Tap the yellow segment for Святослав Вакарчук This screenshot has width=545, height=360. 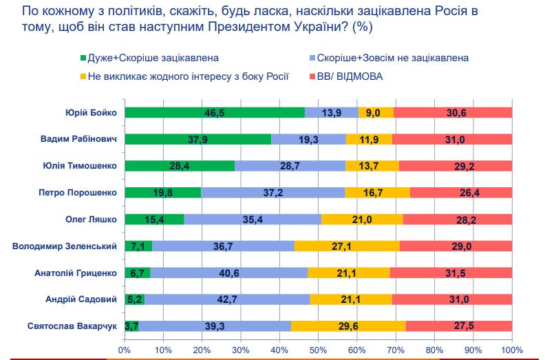pos(348,326)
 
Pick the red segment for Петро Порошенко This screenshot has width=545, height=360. pos(460,193)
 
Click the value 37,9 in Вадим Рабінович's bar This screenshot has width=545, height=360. pos(199,140)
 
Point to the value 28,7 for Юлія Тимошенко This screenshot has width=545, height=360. pos(290,166)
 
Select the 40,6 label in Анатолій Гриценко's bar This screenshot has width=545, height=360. pos(228,273)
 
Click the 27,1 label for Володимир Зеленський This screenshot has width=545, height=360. pos(346,246)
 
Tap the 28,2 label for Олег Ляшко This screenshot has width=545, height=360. pos(458,220)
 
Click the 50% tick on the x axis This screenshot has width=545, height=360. pos(319,350)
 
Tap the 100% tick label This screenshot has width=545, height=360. pos(512,350)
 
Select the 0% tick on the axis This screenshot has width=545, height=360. pos(125,350)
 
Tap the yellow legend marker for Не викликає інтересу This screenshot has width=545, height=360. pos(83,76)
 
